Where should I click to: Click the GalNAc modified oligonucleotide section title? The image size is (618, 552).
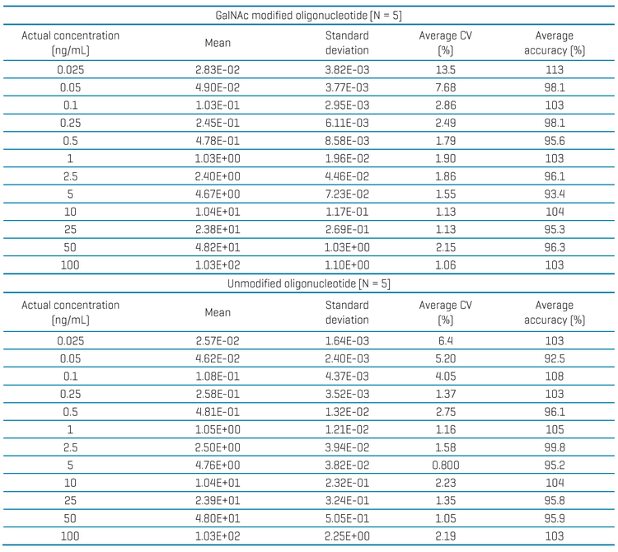click(309, 16)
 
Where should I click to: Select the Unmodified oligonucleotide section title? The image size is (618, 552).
click(309, 283)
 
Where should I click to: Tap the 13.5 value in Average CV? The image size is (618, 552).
click(445, 70)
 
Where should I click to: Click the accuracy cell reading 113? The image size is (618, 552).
click(555, 70)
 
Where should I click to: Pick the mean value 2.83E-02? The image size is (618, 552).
click(218, 70)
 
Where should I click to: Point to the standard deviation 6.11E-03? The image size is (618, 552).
click(347, 123)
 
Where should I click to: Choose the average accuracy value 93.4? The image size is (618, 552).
click(555, 194)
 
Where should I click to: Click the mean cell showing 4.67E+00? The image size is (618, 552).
click(218, 194)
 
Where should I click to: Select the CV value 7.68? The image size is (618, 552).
click(445, 87)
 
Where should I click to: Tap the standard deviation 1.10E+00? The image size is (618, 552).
click(347, 264)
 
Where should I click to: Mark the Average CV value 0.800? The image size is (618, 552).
click(445, 465)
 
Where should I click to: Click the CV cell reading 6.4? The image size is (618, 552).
click(445, 341)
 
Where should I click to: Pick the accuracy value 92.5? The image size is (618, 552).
click(555, 358)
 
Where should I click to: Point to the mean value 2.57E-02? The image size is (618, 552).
click(218, 341)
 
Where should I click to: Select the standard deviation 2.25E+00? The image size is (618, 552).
click(347, 536)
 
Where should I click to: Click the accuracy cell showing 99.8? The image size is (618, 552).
click(555, 447)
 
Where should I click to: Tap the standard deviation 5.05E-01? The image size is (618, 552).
click(347, 518)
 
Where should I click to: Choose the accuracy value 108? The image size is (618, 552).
click(555, 377)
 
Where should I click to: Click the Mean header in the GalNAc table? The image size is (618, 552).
click(218, 43)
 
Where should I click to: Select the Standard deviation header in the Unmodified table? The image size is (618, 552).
click(347, 312)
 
